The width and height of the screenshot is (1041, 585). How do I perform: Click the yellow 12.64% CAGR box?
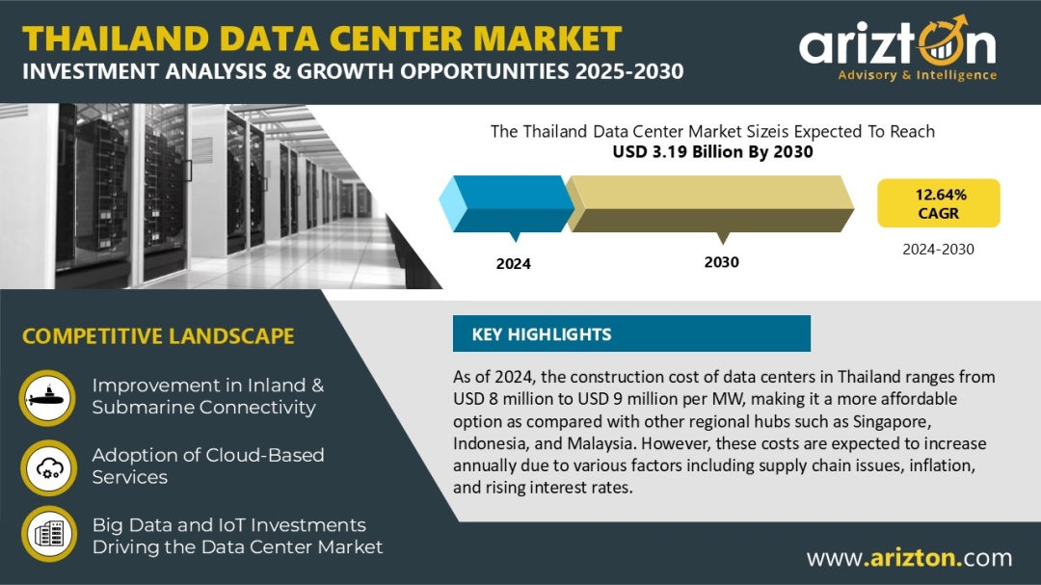938,203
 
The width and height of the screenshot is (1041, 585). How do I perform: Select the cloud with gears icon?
48,467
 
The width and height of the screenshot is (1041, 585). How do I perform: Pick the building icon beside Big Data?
48,534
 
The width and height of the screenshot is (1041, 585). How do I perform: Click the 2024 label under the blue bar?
513,264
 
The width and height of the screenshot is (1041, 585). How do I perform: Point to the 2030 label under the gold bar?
722,262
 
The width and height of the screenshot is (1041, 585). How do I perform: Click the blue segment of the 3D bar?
507,204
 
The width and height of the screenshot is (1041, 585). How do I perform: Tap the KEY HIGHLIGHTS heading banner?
631,333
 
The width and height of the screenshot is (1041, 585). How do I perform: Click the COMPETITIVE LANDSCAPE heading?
158,336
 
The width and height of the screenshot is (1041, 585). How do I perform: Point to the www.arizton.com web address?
910,558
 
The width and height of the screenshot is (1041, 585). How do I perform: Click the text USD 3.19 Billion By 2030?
712,152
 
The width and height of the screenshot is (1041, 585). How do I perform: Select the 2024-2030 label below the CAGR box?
938,250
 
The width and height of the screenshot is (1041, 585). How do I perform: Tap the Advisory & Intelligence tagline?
917,75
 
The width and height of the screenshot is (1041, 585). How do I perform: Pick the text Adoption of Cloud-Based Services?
208,466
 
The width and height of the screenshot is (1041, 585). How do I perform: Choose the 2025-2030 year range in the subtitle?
629,71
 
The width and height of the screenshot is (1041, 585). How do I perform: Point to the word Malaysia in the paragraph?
600,443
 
